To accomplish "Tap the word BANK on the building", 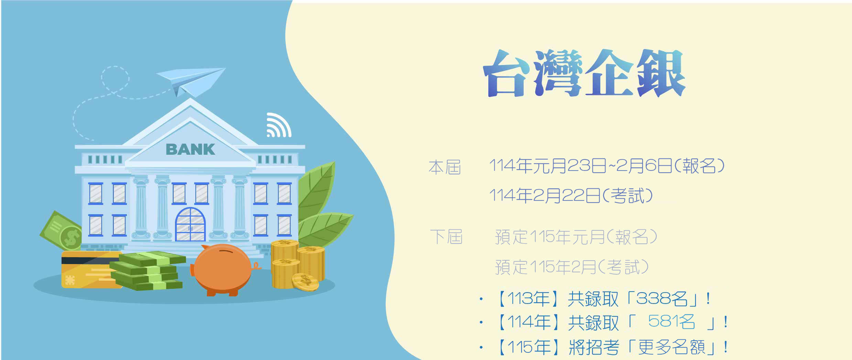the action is (x=190, y=150).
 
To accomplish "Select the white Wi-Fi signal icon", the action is (x=279, y=125).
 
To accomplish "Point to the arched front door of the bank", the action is (x=190, y=224).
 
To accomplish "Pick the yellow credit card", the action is (x=91, y=270).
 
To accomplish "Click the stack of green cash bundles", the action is (x=148, y=271).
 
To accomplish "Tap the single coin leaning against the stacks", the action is (x=305, y=282).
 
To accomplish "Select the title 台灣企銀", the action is (x=584, y=73).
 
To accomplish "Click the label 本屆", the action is (x=445, y=167).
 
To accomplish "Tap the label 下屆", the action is (x=446, y=237).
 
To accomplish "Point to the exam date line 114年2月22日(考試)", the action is (x=571, y=196).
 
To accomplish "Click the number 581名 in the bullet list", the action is (x=671, y=322).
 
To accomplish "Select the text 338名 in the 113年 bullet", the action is (x=662, y=298).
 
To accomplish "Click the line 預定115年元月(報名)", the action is (x=576, y=237).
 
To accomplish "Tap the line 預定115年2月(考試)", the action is (x=572, y=267).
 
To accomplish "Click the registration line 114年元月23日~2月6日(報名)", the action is (x=607, y=165).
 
